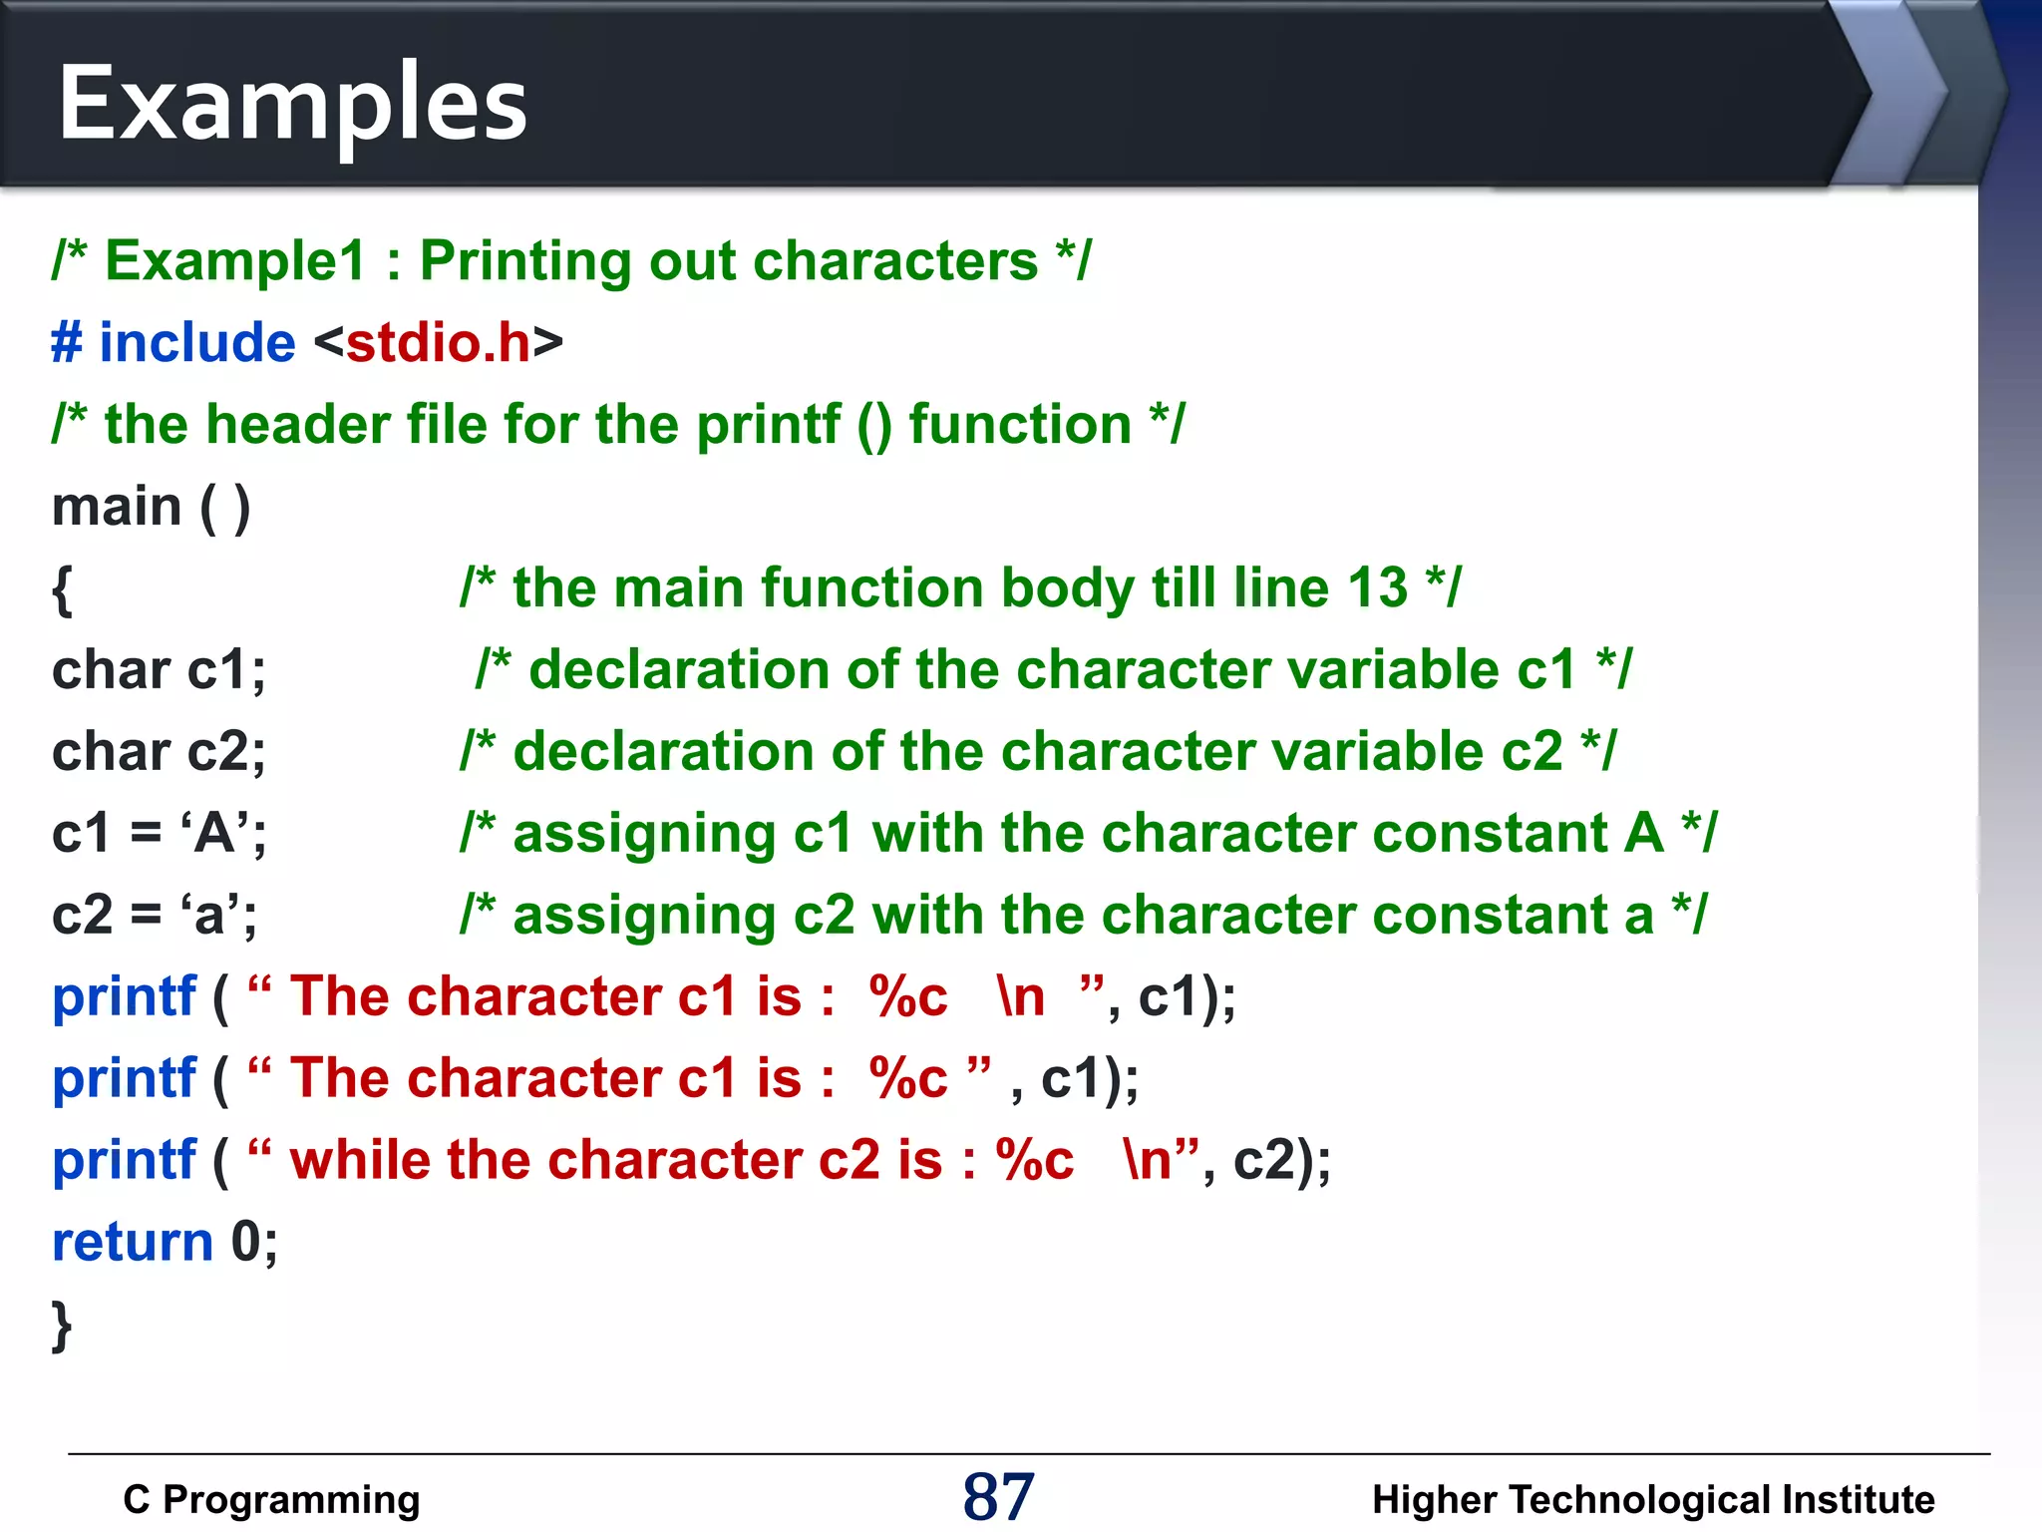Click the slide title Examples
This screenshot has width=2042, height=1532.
(x=292, y=104)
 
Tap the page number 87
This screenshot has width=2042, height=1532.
(x=998, y=1496)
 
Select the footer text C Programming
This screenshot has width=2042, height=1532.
(x=271, y=1499)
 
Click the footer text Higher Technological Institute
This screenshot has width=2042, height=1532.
(x=1652, y=1499)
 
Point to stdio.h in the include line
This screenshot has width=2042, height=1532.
(x=439, y=343)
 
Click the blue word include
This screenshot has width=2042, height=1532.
(x=197, y=343)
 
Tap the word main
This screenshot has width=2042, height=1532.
(x=116, y=507)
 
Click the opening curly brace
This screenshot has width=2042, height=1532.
(x=62, y=589)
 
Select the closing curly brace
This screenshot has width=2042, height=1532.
(x=62, y=1326)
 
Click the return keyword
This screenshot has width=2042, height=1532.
(x=133, y=1243)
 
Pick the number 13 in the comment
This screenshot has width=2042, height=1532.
(x=1377, y=588)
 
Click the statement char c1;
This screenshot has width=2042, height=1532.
(x=159, y=670)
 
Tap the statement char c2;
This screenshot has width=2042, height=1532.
(x=159, y=752)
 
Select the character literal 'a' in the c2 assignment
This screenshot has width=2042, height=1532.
(x=210, y=915)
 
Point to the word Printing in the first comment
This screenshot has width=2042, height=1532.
(x=525, y=261)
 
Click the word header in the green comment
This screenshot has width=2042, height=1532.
(x=298, y=425)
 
